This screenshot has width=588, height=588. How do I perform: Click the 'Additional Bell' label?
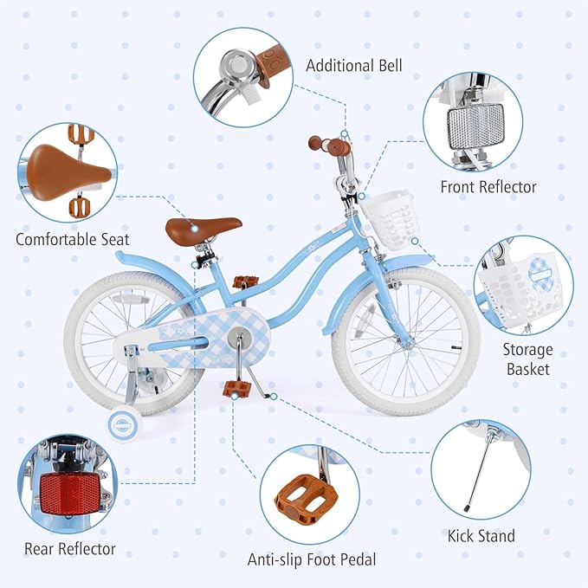click(x=353, y=66)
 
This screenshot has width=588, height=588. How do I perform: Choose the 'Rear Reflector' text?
click(x=70, y=548)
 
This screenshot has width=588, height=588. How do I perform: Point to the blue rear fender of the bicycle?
click(x=143, y=267)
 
